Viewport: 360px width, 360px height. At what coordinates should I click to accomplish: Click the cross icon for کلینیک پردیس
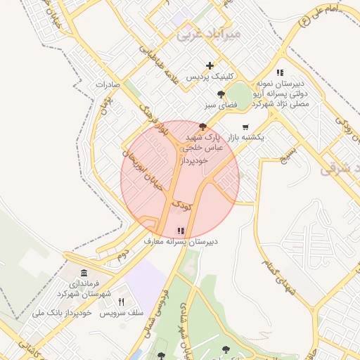[x=210, y=65]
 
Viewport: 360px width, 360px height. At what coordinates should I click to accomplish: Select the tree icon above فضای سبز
[x=221, y=94]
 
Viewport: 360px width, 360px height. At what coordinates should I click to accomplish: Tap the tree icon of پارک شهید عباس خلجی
[x=203, y=127]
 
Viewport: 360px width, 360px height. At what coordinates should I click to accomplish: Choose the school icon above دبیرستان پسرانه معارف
[x=181, y=230]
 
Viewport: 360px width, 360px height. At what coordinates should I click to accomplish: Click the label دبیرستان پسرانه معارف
[x=181, y=241]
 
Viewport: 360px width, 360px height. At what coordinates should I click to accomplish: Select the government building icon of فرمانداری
[x=84, y=274]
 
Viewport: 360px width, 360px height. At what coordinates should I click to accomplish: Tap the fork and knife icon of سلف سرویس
[x=122, y=302]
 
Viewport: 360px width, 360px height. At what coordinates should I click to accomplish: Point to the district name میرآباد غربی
[x=210, y=33]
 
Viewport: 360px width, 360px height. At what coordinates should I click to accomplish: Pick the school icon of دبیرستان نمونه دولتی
[x=280, y=72]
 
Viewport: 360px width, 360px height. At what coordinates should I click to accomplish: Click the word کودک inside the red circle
[x=182, y=206]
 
